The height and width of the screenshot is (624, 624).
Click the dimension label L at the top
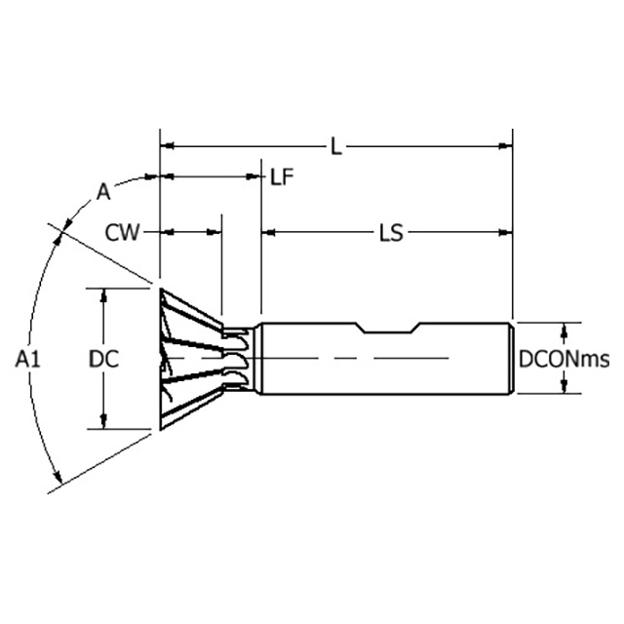coord(335,146)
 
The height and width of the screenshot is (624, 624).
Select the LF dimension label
coord(282,176)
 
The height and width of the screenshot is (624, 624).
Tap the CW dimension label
coord(123,232)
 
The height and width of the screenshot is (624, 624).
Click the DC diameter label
coord(103,359)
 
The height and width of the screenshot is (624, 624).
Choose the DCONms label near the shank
coord(563,360)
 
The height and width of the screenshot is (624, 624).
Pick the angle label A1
coord(27,359)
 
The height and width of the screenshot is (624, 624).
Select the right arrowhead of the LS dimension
coord(506,233)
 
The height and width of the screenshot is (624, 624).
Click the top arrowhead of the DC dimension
coord(103,293)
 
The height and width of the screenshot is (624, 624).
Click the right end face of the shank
coord(513,358)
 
